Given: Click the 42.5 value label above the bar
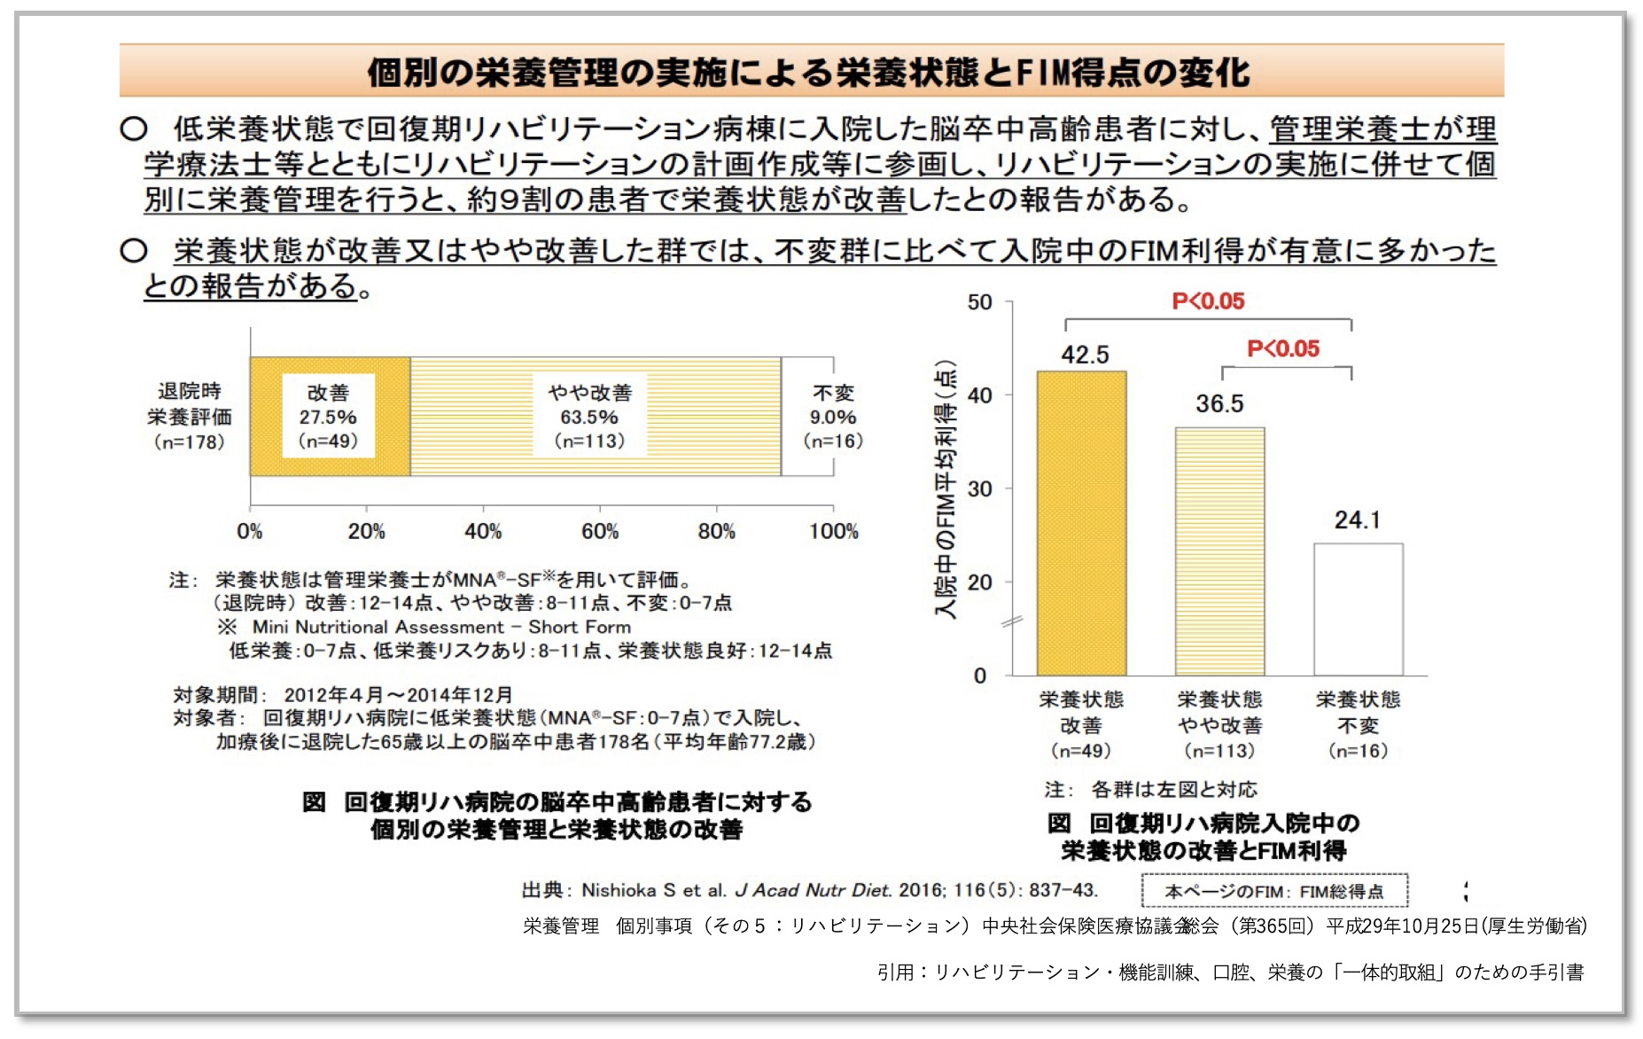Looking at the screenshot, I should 1085,355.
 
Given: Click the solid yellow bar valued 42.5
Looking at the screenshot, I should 1081,523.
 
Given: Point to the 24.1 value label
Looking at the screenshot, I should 1357,519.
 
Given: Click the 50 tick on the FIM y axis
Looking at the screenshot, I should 979,302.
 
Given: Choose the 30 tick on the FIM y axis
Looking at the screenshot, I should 979,488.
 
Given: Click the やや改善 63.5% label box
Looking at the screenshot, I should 589,417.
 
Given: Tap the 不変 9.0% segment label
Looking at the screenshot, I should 833,417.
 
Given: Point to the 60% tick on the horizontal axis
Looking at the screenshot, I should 600,531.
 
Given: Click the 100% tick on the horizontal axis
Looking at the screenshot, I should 833,531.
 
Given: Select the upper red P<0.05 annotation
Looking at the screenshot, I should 1208,301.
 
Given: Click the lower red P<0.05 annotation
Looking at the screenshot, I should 1283,348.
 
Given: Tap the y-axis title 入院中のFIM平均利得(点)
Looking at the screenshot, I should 946,489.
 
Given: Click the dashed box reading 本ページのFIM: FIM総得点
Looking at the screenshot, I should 1273,891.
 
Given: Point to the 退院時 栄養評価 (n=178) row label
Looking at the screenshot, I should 190,416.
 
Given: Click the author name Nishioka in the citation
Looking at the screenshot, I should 619,890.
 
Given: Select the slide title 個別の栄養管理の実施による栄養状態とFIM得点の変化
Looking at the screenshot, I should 809,72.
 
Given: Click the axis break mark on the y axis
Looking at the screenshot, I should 1011,621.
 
